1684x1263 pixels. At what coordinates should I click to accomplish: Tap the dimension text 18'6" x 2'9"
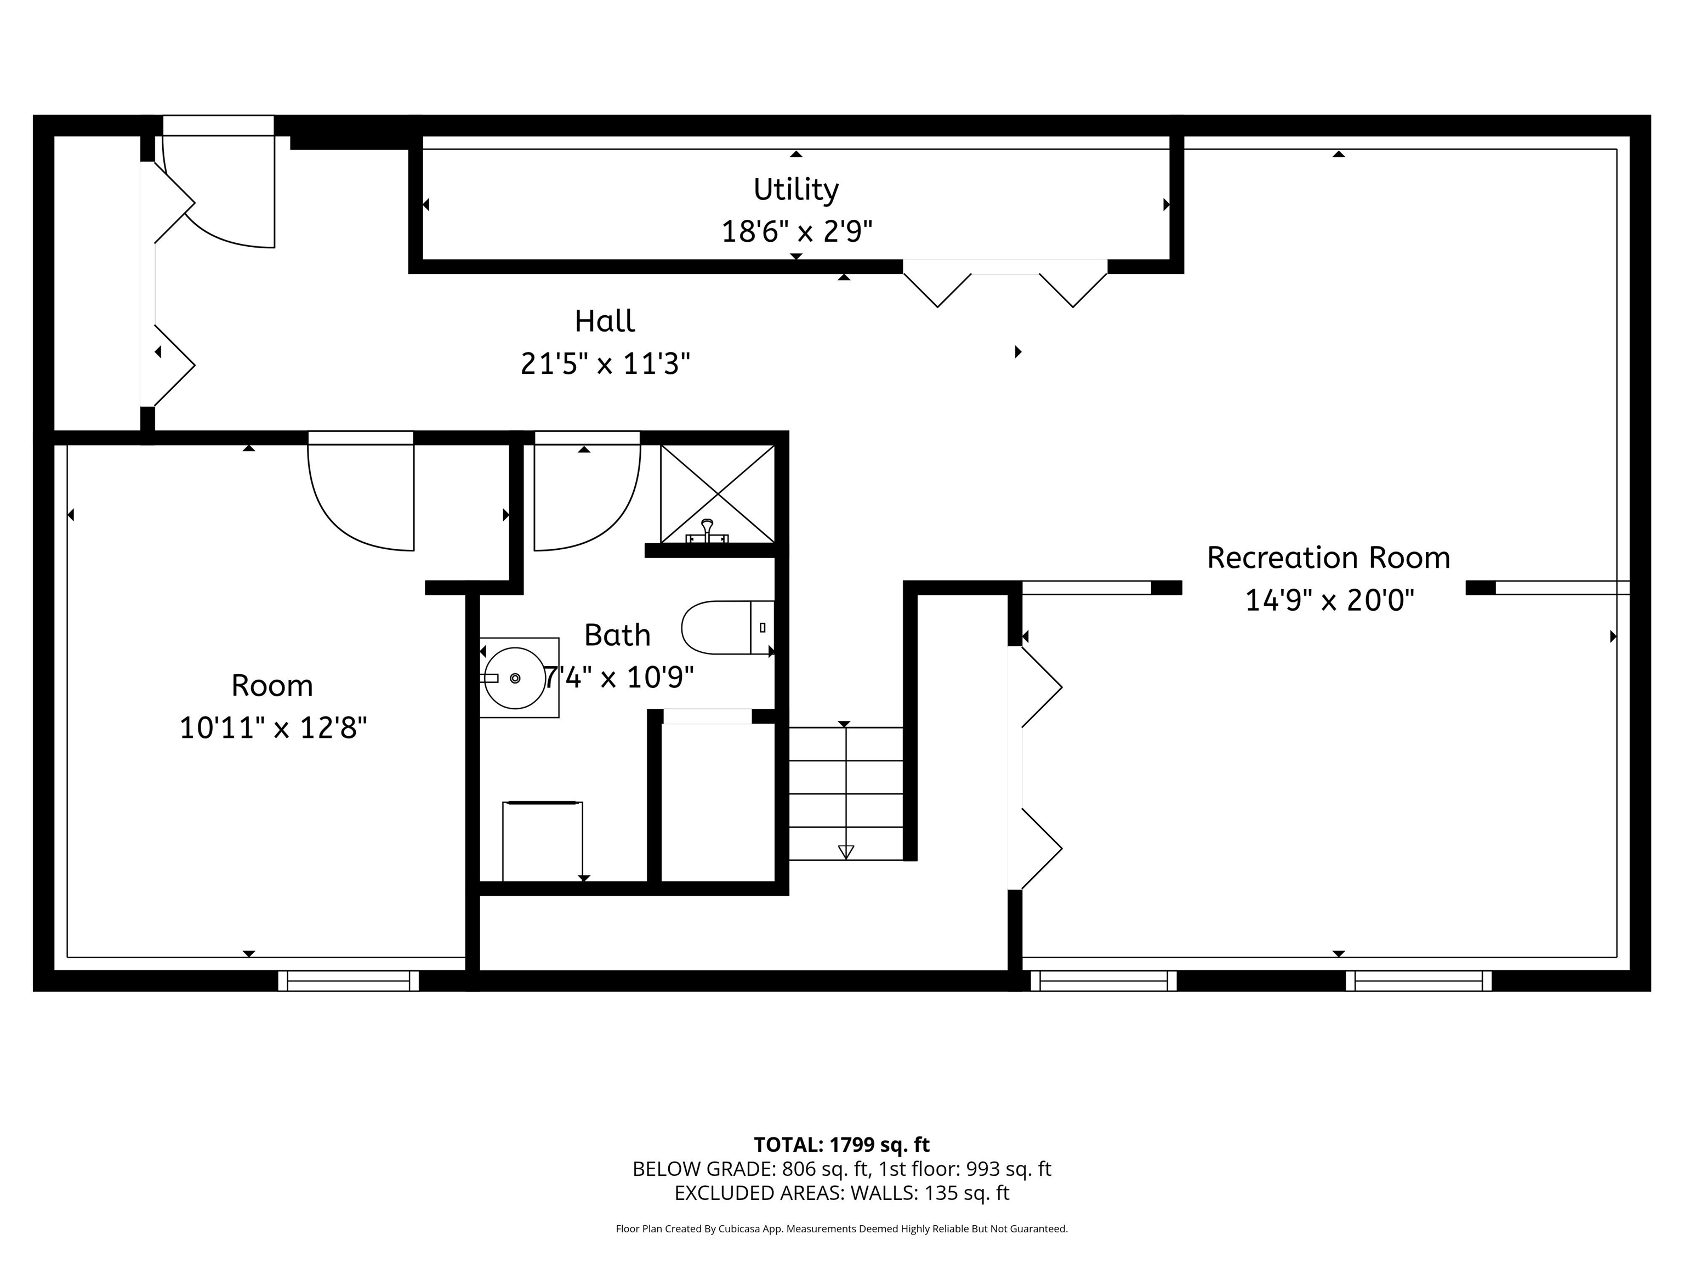[795, 231]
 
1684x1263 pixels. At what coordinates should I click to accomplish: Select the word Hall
[605, 321]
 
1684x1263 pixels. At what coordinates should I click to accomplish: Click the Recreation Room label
[1328, 558]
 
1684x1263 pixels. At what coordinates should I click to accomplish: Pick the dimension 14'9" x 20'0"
[1328, 601]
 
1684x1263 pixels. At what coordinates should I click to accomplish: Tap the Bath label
[617, 635]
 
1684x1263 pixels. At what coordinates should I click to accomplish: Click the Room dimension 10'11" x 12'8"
[272, 728]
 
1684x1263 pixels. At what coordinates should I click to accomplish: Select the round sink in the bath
[515, 678]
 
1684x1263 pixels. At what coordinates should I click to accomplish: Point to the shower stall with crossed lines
[717, 494]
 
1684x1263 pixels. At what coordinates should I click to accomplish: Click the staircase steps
[845, 792]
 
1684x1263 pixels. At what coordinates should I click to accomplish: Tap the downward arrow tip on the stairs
[845, 852]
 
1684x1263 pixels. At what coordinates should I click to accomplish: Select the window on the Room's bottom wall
[348, 981]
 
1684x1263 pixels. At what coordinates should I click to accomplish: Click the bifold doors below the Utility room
[1005, 286]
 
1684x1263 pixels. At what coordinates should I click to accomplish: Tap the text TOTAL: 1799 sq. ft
[841, 1144]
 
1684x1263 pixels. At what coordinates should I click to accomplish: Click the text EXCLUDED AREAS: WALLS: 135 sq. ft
[841, 1193]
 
